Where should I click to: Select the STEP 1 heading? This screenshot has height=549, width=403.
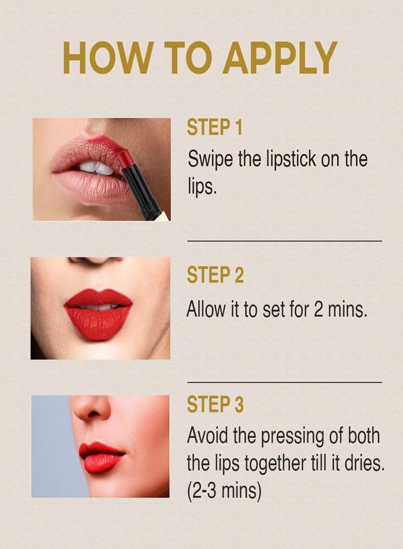tap(214, 128)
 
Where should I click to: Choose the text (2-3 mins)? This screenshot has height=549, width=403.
tap(223, 491)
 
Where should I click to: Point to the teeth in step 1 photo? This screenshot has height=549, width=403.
tap(95, 167)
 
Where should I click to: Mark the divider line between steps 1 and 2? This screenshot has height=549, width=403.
tap(284, 241)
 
